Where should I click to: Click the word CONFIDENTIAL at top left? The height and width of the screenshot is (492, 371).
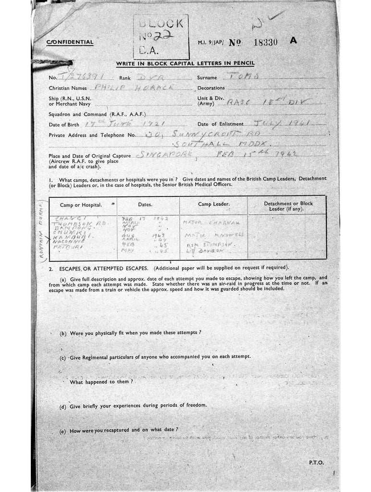pyautogui.click(x=70, y=42)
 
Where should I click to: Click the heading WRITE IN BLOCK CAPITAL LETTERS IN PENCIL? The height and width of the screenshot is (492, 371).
pyautogui.click(x=185, y=63)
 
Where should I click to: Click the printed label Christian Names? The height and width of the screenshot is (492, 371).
pyautogui.click(x=68, y=88)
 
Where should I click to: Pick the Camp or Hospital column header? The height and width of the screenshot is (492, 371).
pyautogui.click(x=81, y=205)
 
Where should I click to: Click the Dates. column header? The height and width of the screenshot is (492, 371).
pyautogui.click(x=145, y=205)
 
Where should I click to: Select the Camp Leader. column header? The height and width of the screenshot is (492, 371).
pyautogui.click(x=213, y=204)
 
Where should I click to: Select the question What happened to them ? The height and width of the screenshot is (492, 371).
pyautogui.click(x=101, y=381)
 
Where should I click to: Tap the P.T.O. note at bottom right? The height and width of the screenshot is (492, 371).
pyautogui.click(x=316, y=462)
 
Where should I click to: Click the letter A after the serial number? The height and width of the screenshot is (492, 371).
pyautogui.click(x=293, y=41)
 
